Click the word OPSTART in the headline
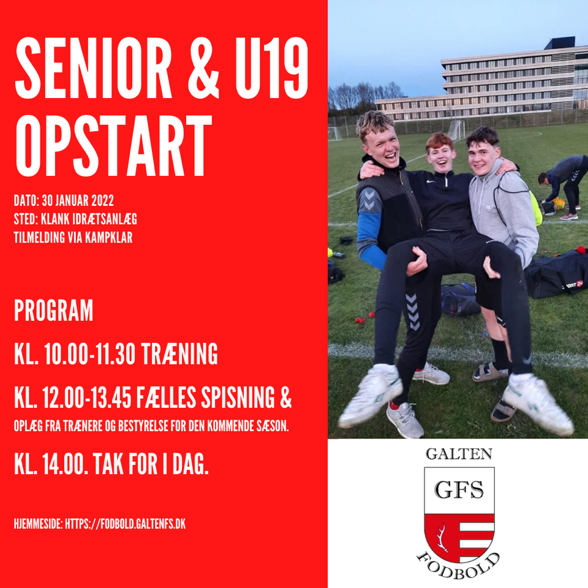(x=114, y=145)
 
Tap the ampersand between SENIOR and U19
(x=203, y=68)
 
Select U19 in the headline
(x=271, y=68)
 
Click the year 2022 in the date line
(x=102, y=201)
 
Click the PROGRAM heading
(x=54, y=310)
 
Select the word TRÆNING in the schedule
(x=179, y=353)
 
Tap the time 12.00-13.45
(x=86, y=398)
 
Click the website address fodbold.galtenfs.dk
(x=125, y=524)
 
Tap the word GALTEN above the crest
(x=459, y=454)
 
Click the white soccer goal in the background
(x=456, y=129)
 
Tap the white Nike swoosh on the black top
(x=431, y=182)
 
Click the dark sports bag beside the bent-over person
(x=557, y=274)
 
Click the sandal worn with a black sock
(x=490, y=372)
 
